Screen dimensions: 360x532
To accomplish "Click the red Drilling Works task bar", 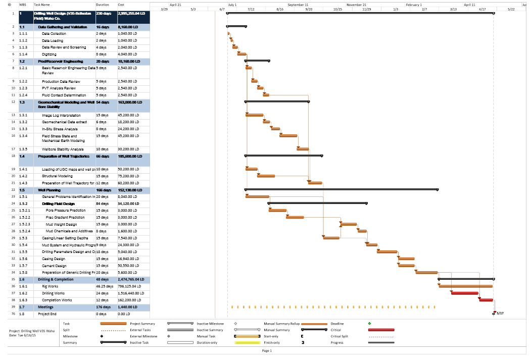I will [464, 293].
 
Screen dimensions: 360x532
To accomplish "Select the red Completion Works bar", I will [486, 300].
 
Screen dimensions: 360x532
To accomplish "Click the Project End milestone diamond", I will [494, 313].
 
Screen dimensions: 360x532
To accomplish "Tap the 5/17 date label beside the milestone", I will [500, 313].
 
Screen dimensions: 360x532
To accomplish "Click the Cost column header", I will [121, 5].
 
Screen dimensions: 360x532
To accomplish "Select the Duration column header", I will [102, 5].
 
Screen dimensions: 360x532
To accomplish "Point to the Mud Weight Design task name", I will [61, 224].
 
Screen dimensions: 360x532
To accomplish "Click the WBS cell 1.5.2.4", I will [25, 231].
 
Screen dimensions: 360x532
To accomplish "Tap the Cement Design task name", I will [54, 266].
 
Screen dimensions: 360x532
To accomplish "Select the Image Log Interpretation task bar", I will [254, 115].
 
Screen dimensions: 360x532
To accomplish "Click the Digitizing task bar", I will [241, 54].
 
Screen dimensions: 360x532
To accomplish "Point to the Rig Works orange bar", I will [466, 286].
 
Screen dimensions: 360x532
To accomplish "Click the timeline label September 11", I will [298, 5].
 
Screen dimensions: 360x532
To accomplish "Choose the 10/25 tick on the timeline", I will [337, 9].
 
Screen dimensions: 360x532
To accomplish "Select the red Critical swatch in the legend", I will [381, 330].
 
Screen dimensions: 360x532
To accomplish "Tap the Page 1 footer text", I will [267, 350].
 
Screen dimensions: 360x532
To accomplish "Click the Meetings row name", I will [45, 306].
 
